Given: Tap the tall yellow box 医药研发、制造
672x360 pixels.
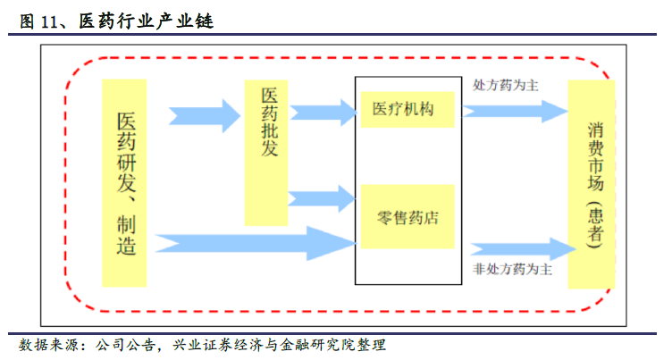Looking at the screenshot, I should coord(124,182).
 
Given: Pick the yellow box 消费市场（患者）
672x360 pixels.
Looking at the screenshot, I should coord(592,184).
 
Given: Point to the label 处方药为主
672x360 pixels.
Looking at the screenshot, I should coord(505,86).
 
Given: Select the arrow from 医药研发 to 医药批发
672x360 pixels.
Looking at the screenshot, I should coord(205,113).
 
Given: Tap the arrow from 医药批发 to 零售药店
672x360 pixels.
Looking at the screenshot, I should coord(322,197).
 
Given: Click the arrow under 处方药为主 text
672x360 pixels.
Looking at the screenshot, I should coord(514,111).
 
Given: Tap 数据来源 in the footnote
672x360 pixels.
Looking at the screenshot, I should coord(47,345).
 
